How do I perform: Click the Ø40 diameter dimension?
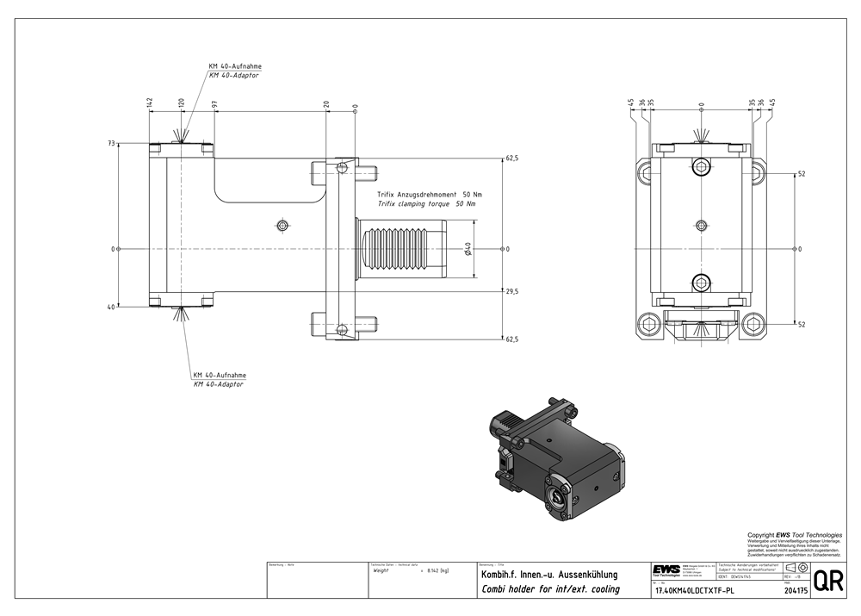[x=467, y=249]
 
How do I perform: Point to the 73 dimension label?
[x=111, y=144]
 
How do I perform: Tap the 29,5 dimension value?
[x=511, y=292]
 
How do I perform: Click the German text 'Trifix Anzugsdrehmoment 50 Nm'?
[x=430, y=196]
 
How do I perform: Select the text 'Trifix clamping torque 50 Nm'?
[x=426, y=204]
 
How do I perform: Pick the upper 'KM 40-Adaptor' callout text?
[x=234, y=76]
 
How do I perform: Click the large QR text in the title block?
[x=828, y=582]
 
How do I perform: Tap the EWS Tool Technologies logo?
[x=666, y=571]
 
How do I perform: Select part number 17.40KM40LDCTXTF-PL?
[x=695, y=591]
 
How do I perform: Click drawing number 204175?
[x=796, y=591]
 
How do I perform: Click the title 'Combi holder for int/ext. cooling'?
[x=548, y=588]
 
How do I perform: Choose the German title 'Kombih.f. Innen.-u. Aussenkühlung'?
[x=548, y=573]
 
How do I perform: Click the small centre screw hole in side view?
[x=282, y=226]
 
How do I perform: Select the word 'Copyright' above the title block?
[x=760, y=534]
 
